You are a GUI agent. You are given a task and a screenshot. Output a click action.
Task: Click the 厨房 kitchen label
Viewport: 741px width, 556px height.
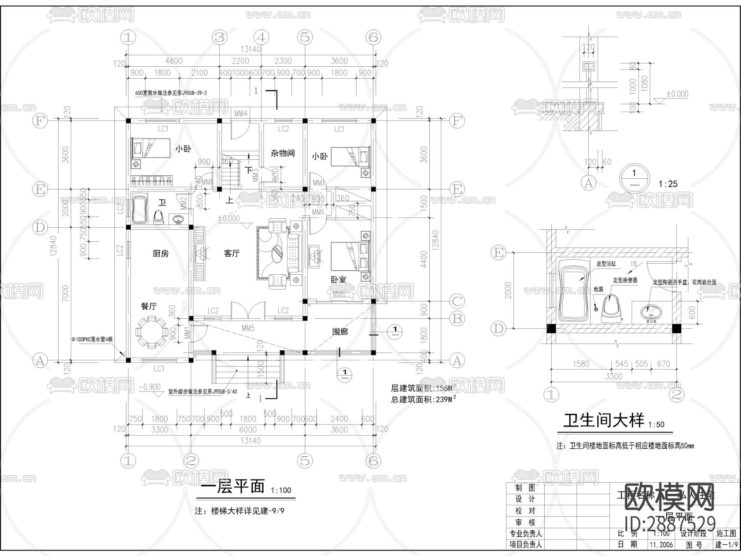point(161,254)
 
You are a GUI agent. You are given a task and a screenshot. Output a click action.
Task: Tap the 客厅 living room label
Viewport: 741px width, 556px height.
point(232,254)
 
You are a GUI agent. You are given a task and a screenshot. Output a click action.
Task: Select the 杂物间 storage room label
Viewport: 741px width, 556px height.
point(282,153)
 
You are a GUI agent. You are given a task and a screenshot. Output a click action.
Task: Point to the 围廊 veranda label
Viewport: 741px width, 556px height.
point(340,332)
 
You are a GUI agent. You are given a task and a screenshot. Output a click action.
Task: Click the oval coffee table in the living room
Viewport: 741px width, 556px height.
point(277,253)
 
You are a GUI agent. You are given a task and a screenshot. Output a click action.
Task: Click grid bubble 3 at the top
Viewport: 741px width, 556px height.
point(219,37)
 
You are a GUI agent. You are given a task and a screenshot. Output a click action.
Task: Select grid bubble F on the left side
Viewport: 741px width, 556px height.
point(40,121)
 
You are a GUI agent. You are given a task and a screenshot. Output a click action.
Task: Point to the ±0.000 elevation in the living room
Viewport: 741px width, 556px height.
point(228,219)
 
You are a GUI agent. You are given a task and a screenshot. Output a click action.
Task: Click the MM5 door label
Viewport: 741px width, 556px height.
point(248,328)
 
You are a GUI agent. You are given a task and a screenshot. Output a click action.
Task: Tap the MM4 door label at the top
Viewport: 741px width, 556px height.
point(241,113)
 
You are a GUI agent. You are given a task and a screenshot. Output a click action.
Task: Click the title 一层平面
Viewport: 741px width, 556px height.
point(233,486)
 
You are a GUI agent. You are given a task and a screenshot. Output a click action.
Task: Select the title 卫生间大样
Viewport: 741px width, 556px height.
point(604,421)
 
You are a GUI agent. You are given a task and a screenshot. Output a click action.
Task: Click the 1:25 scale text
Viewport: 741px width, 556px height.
point(668,184)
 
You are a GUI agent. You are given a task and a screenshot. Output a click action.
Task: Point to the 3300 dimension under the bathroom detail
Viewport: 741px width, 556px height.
point(613,376)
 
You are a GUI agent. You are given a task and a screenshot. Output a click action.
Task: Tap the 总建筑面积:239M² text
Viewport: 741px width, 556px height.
point(423,399)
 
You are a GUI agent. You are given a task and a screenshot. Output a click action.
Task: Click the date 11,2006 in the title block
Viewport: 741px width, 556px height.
point(661,545)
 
